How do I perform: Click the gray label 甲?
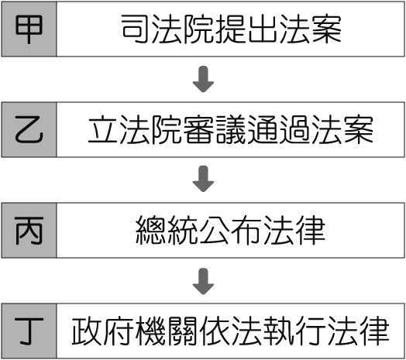click(x=29, y=29)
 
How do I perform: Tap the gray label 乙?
click(x=29, y=129)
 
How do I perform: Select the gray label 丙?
click(x=29, y=231)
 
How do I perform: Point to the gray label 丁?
click(x=29, y=331)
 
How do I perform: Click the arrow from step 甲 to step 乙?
click(x=203, y=79)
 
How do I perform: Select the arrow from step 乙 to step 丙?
click(x=203, y=179)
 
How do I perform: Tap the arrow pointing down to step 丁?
click(x=203, y=281)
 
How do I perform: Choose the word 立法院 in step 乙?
click(x=135, y=129)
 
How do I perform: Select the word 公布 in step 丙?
click(x=230, y=231)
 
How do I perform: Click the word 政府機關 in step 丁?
click(x=134, y=331)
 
